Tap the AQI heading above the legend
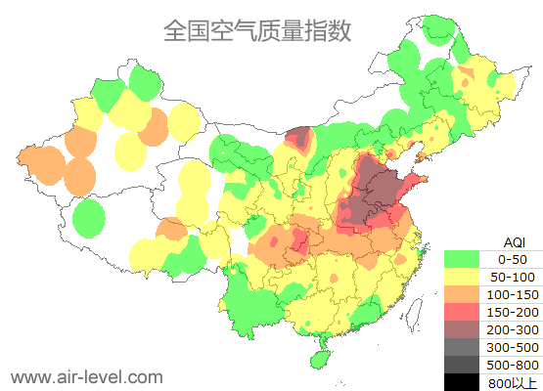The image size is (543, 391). point(514,241)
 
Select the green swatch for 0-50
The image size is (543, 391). point(462,259)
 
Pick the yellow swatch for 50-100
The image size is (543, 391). point(462,279)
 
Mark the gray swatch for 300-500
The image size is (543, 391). point(462,348)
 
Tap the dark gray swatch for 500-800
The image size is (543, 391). point(462,365)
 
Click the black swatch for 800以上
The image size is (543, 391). point(462,381)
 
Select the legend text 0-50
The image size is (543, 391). point(512,260)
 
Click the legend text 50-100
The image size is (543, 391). point(512,279)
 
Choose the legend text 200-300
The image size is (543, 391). point(512,330)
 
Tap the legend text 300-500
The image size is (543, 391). point(512,348)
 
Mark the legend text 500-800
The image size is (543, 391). point(512,365)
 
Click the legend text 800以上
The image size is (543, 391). point(512,381)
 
